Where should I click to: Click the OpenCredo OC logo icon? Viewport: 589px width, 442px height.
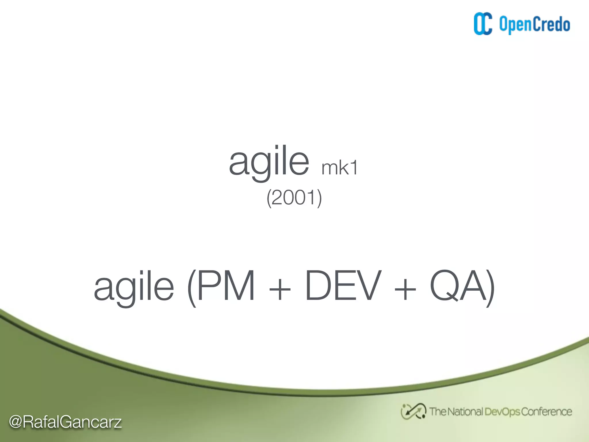tap(483, 24)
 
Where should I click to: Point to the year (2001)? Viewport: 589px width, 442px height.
tap(294, 198)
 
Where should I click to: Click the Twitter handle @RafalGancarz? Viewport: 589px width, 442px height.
tap(65, 422)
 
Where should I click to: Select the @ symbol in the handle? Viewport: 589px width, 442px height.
tap(16, 422)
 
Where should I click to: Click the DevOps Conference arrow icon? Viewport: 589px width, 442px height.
tap(413, 411)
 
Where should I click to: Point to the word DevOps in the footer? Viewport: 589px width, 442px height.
tap(502, 412)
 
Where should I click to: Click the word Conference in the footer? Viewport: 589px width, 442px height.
tap(546, 412)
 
